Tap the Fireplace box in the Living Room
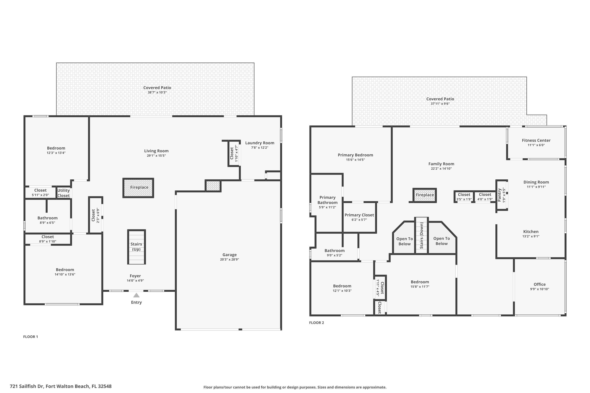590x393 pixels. click(138, 188)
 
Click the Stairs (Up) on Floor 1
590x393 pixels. click(136, 247)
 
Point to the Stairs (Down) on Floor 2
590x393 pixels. click(421, 236)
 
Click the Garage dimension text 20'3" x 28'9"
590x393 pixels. click(229, 259)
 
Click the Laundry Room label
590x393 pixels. click(259, 143)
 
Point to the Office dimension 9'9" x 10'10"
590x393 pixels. click(539, 289)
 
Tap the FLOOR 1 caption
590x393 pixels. click(31, 337)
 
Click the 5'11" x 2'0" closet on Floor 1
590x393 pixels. click(40, 192)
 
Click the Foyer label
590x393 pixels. click(135, 276)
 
